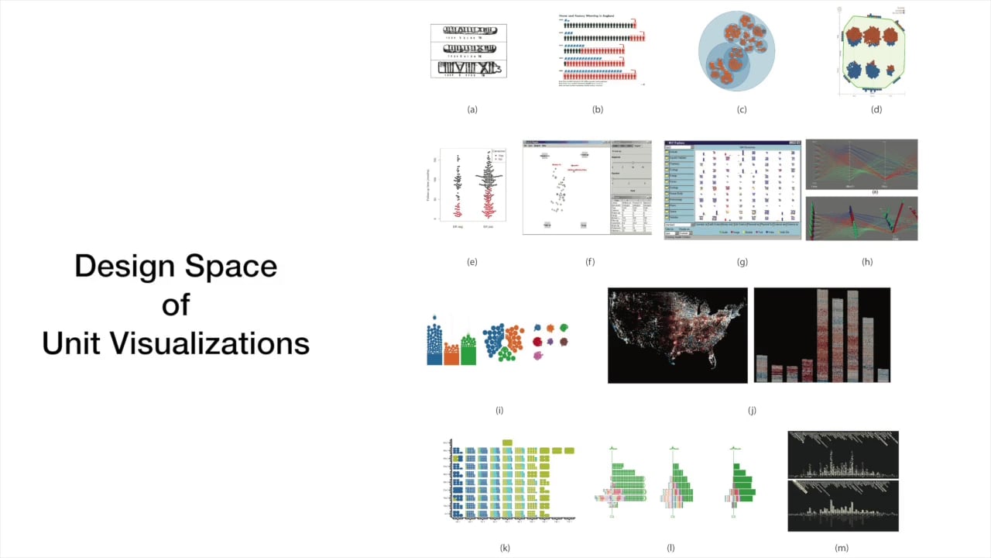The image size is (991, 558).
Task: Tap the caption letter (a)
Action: (472, 109)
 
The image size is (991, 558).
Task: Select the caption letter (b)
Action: (598, 109)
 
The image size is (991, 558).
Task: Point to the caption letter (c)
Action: (742, 109)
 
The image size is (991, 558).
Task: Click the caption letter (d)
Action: (876, 109)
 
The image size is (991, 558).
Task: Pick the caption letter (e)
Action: (472, 262)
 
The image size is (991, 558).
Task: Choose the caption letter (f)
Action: (590, 262)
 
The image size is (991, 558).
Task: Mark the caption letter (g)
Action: (742, 262)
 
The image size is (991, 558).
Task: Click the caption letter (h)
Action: (867, 262)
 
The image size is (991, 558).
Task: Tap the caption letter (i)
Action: (499, 410)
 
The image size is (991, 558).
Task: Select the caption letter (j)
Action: (752, 410)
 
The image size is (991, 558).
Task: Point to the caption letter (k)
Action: (505, 548)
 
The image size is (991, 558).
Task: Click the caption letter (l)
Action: (670, 548)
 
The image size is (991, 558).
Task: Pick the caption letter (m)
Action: (842, 548)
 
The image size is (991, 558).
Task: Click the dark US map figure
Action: (677, 336)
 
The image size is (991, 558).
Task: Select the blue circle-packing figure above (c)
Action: (736, 51)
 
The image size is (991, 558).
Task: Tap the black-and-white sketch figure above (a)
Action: (468, 50)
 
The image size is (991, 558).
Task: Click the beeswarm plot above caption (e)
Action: (472, 186)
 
